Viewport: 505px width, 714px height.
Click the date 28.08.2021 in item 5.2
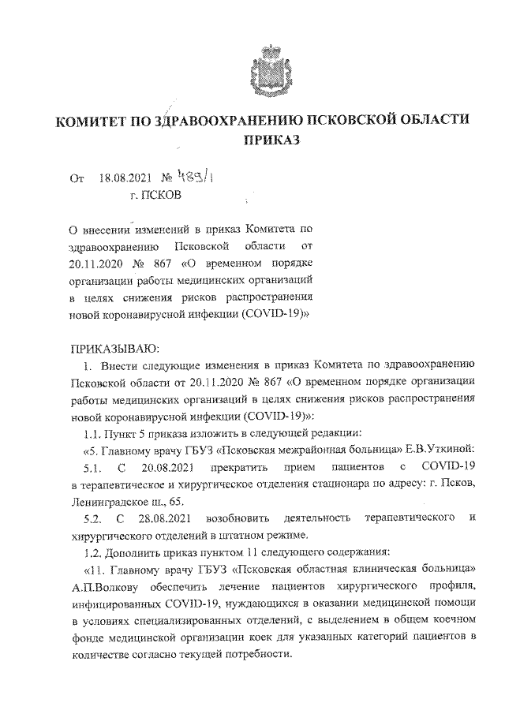[163, 517]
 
